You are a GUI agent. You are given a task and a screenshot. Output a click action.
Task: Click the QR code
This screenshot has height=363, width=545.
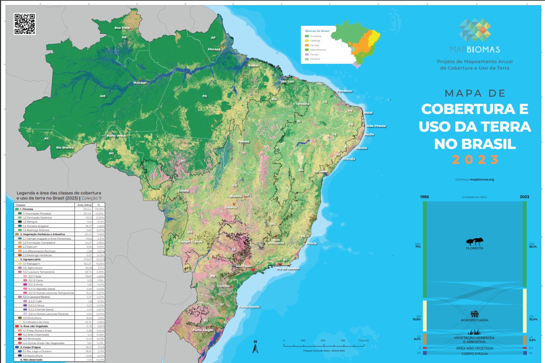tap(25, 24)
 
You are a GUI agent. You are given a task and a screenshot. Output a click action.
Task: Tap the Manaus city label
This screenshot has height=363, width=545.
tap(139, 83)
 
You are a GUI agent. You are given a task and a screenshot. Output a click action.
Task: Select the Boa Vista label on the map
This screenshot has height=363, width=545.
tap(122, 28)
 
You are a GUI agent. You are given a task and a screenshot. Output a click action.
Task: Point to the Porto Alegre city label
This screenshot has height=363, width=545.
tap(203, 330)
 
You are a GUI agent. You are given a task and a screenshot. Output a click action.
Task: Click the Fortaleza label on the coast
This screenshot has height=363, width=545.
tap(344, 91)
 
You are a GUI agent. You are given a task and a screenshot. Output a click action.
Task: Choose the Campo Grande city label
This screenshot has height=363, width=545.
tap(190, 242)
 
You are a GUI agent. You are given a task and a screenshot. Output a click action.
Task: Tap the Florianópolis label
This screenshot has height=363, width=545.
tap(249, 307)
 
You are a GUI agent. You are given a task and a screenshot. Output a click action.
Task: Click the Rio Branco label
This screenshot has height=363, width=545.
tap(65, 148)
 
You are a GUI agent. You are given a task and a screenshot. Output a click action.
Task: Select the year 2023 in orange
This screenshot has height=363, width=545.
tap(475, 160)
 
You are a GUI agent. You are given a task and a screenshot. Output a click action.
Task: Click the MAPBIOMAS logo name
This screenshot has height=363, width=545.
tap(474, 50)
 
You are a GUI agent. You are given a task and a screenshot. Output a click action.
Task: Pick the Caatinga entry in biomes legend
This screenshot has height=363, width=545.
tap(315, 40)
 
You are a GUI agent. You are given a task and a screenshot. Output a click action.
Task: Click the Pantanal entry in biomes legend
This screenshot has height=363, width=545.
tap(315, 59)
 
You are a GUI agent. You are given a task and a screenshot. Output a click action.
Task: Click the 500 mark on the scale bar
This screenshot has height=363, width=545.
tap(323, 341)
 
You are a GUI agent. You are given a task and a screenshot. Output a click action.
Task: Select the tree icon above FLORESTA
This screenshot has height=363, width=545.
tap(474, 242)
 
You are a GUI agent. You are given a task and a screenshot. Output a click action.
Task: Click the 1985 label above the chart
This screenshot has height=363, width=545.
tap(424, 197)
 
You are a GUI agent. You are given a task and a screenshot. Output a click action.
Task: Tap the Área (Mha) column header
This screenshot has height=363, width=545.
tap(84, 205)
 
